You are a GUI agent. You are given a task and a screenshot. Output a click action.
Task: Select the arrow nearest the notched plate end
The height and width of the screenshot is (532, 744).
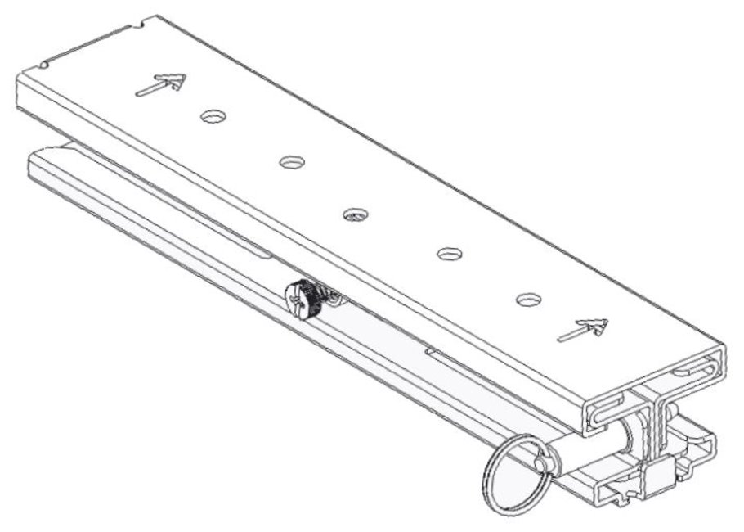point(160,83)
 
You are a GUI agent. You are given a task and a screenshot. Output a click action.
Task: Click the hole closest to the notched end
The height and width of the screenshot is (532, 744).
point(213,116)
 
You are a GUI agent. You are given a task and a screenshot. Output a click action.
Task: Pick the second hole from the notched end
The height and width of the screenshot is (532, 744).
point(291,162)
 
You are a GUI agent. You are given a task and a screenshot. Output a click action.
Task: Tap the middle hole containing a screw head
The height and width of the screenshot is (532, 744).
point(355,214)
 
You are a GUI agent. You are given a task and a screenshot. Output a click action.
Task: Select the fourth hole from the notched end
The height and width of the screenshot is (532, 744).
point(449,254)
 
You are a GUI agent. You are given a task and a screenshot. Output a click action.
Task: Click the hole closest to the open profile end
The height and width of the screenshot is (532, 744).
point(529,299)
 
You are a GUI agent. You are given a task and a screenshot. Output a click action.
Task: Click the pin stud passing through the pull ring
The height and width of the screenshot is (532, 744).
point(541,462)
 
